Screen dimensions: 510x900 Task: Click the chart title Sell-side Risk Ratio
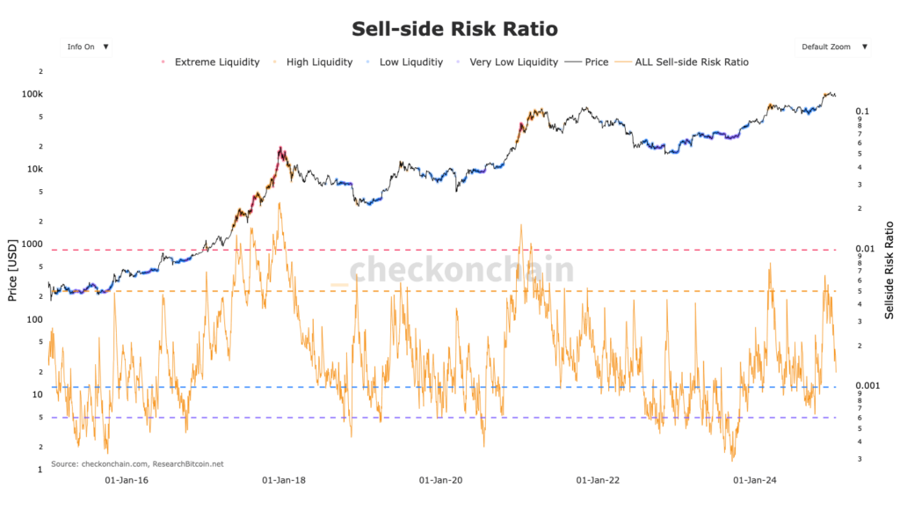coord(454,29)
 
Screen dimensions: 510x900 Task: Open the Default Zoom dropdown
coord(832,47)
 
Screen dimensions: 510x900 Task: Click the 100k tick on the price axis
coord(34,94)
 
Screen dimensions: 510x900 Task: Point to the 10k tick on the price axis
coord(36,169)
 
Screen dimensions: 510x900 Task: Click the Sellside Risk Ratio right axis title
coord(889,268)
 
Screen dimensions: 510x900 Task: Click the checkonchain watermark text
coord(461,270)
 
